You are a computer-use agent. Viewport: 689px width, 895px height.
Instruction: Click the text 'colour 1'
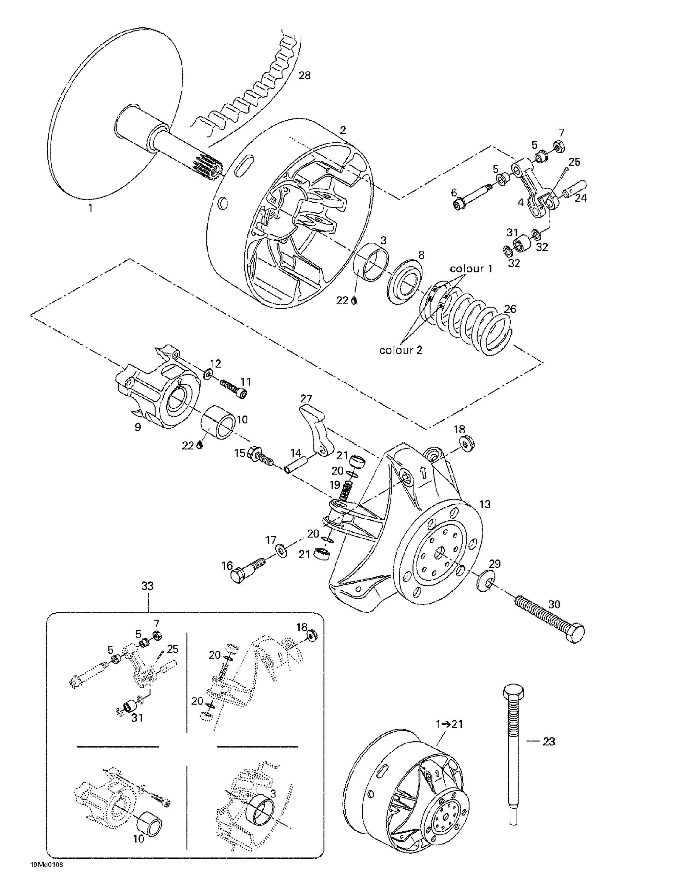[471, 269]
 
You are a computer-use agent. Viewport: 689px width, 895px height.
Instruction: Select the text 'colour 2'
[401, 350]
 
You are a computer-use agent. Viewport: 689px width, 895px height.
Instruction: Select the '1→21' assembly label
[449, 724]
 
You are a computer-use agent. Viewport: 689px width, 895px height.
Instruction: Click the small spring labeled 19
[346, 489]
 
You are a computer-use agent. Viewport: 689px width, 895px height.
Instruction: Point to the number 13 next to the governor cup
[484, 504]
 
